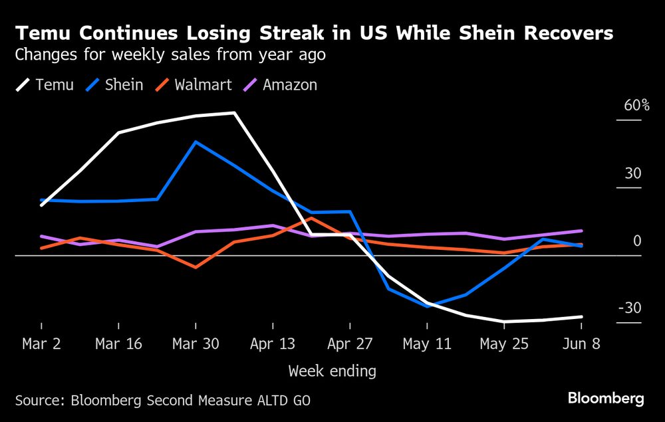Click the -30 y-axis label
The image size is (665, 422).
click(x=629, y=308)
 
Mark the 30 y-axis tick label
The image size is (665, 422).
click(x=632, y=174)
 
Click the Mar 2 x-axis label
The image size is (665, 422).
click(x=41, y=344)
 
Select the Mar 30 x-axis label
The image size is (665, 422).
click(x=195, y=344)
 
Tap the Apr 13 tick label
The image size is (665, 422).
click(x=273, y=344)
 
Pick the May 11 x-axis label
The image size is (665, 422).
click(x=427, y=344)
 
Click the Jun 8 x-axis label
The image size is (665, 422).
click(x=581, y=344)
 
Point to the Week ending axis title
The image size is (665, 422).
click(x=332, y=371)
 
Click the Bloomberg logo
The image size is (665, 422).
click(x=606, y=399)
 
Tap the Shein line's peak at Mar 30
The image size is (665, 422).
click(x=195, y=142)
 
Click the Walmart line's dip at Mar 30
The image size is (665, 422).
click(x=195, y=268)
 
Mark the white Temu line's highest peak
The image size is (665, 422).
click(x=234, y=113)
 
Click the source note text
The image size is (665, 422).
click(x=162, y=400)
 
